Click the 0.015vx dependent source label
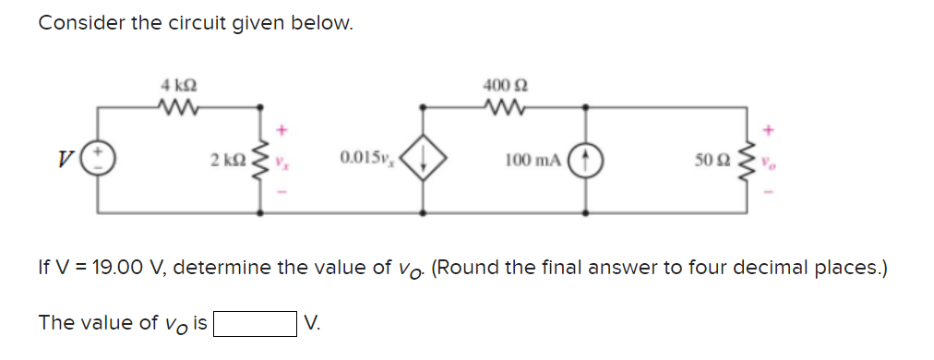(365, 161)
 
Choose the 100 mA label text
(533, 161)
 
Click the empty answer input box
(255, 324)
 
